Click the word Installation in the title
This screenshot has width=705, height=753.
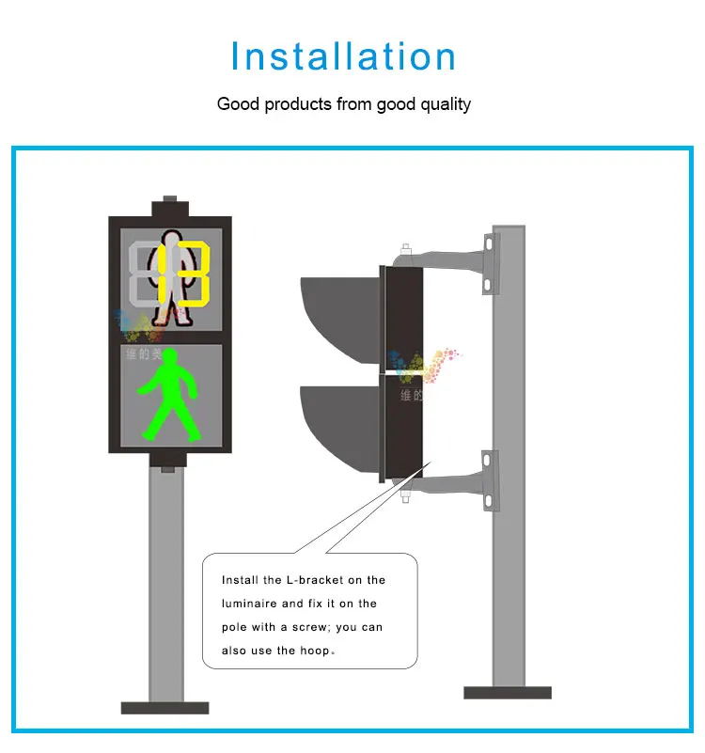(344, 56)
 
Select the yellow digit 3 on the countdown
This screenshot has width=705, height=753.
(195, 274)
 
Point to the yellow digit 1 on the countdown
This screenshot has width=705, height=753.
(163, 274)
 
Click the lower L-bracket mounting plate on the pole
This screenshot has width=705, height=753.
(487, 480)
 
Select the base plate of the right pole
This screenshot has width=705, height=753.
(508, 693)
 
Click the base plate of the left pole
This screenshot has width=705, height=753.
(164, 707)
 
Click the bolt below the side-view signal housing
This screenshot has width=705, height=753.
(405, 495)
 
